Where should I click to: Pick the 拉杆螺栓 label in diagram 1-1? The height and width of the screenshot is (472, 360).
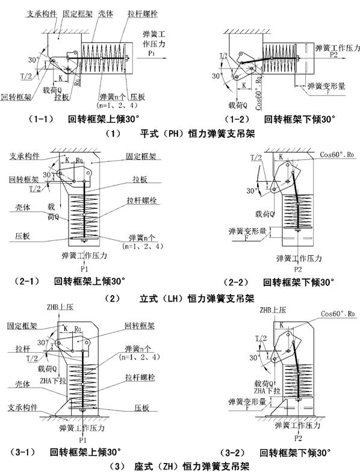144,12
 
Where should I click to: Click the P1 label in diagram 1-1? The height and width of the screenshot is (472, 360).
150,52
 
